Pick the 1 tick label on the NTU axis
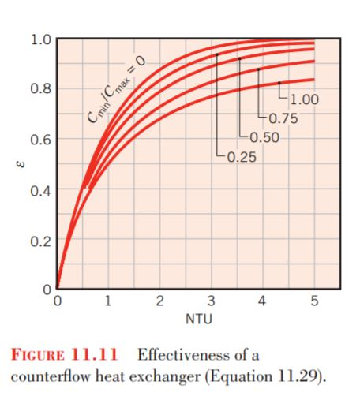pos(107,301)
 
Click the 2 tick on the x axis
pos(159,301)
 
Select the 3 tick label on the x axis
pos(211,301)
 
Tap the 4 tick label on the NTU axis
pos(263,301)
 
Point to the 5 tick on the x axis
pos(314,301)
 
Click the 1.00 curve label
pos(304,100)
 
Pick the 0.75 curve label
pos(283,119)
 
